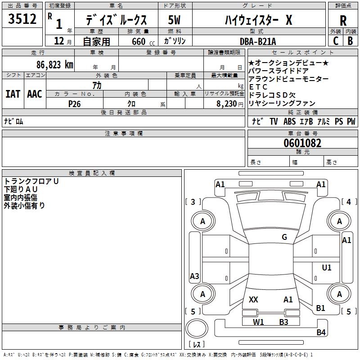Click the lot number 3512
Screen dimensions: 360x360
22,19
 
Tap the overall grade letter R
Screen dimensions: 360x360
343,21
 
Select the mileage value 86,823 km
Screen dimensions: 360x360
55,65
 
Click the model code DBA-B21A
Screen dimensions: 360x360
257,41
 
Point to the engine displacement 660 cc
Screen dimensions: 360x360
143,41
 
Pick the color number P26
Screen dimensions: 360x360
74,104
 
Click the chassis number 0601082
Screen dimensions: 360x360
302,143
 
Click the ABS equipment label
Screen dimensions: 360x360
289,121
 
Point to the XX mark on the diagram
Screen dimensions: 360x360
253,299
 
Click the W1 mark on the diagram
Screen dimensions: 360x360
258,322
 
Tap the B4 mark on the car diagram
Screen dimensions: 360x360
321,332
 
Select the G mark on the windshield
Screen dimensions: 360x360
284,237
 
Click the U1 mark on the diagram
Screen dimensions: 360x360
327,267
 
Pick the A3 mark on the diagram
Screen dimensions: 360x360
194,276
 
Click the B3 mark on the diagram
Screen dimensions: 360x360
283,322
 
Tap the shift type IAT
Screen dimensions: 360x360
13,94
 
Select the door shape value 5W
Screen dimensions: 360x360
174,20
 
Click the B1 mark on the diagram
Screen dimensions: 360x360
320,308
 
